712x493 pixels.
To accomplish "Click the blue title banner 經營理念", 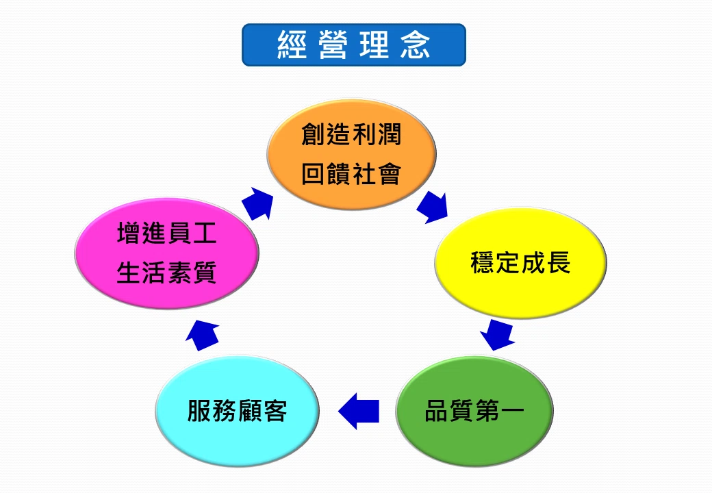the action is tap(354, 45).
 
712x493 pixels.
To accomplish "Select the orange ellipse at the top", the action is tap(351, 154).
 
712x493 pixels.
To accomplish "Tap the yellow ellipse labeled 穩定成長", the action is tap(520, 263).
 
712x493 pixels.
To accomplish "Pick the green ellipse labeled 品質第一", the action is tap(474, 411).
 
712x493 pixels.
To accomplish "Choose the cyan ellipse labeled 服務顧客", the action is tap(237, 411).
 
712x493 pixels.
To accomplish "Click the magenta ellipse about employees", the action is tap(166, 253).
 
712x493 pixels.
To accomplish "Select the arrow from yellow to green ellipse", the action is tap(498, 335).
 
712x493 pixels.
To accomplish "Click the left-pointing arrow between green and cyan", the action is tap(359, 411).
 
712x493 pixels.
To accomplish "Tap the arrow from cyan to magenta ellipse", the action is tap(203, 335).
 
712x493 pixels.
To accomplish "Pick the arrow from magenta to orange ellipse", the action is tap(258, 204).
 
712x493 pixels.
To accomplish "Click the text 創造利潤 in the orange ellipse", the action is tap(351, 134).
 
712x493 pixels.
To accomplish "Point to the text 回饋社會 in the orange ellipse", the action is tap(351, 174).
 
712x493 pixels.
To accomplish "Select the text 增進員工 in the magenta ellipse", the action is tap(166, 233).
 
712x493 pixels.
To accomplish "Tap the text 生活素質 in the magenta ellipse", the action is tap(166, 273).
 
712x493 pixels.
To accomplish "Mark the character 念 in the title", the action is tap(416, 45).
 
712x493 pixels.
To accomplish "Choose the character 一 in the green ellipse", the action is tap(513, 411).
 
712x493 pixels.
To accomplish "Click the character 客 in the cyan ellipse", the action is tap(275, 411).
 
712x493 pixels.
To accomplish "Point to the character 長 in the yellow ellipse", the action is tap(559, 263).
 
